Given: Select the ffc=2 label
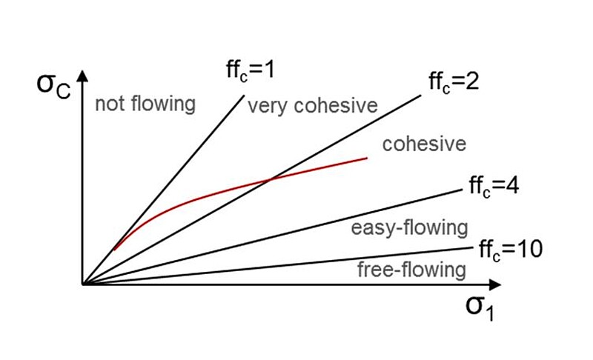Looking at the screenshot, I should (x=454, y=81).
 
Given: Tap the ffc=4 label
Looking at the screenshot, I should (x=493, y=185).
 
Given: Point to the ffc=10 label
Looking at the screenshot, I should (x=511, y=249).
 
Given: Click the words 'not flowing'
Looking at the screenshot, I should (x=145, y=104).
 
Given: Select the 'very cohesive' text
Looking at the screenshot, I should (x=312, y=106).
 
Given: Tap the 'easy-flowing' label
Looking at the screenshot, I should (x=410, y=227).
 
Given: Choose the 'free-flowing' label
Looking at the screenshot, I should (x=411, y=270).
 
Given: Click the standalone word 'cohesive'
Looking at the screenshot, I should (x=424, y=143).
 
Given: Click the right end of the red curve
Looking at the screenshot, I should (x=368, y=158).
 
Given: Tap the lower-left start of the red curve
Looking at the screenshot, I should (x=114, y=250).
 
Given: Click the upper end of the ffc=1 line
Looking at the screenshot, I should (x=243, y=95).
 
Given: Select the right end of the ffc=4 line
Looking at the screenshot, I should (x=460, y=190).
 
